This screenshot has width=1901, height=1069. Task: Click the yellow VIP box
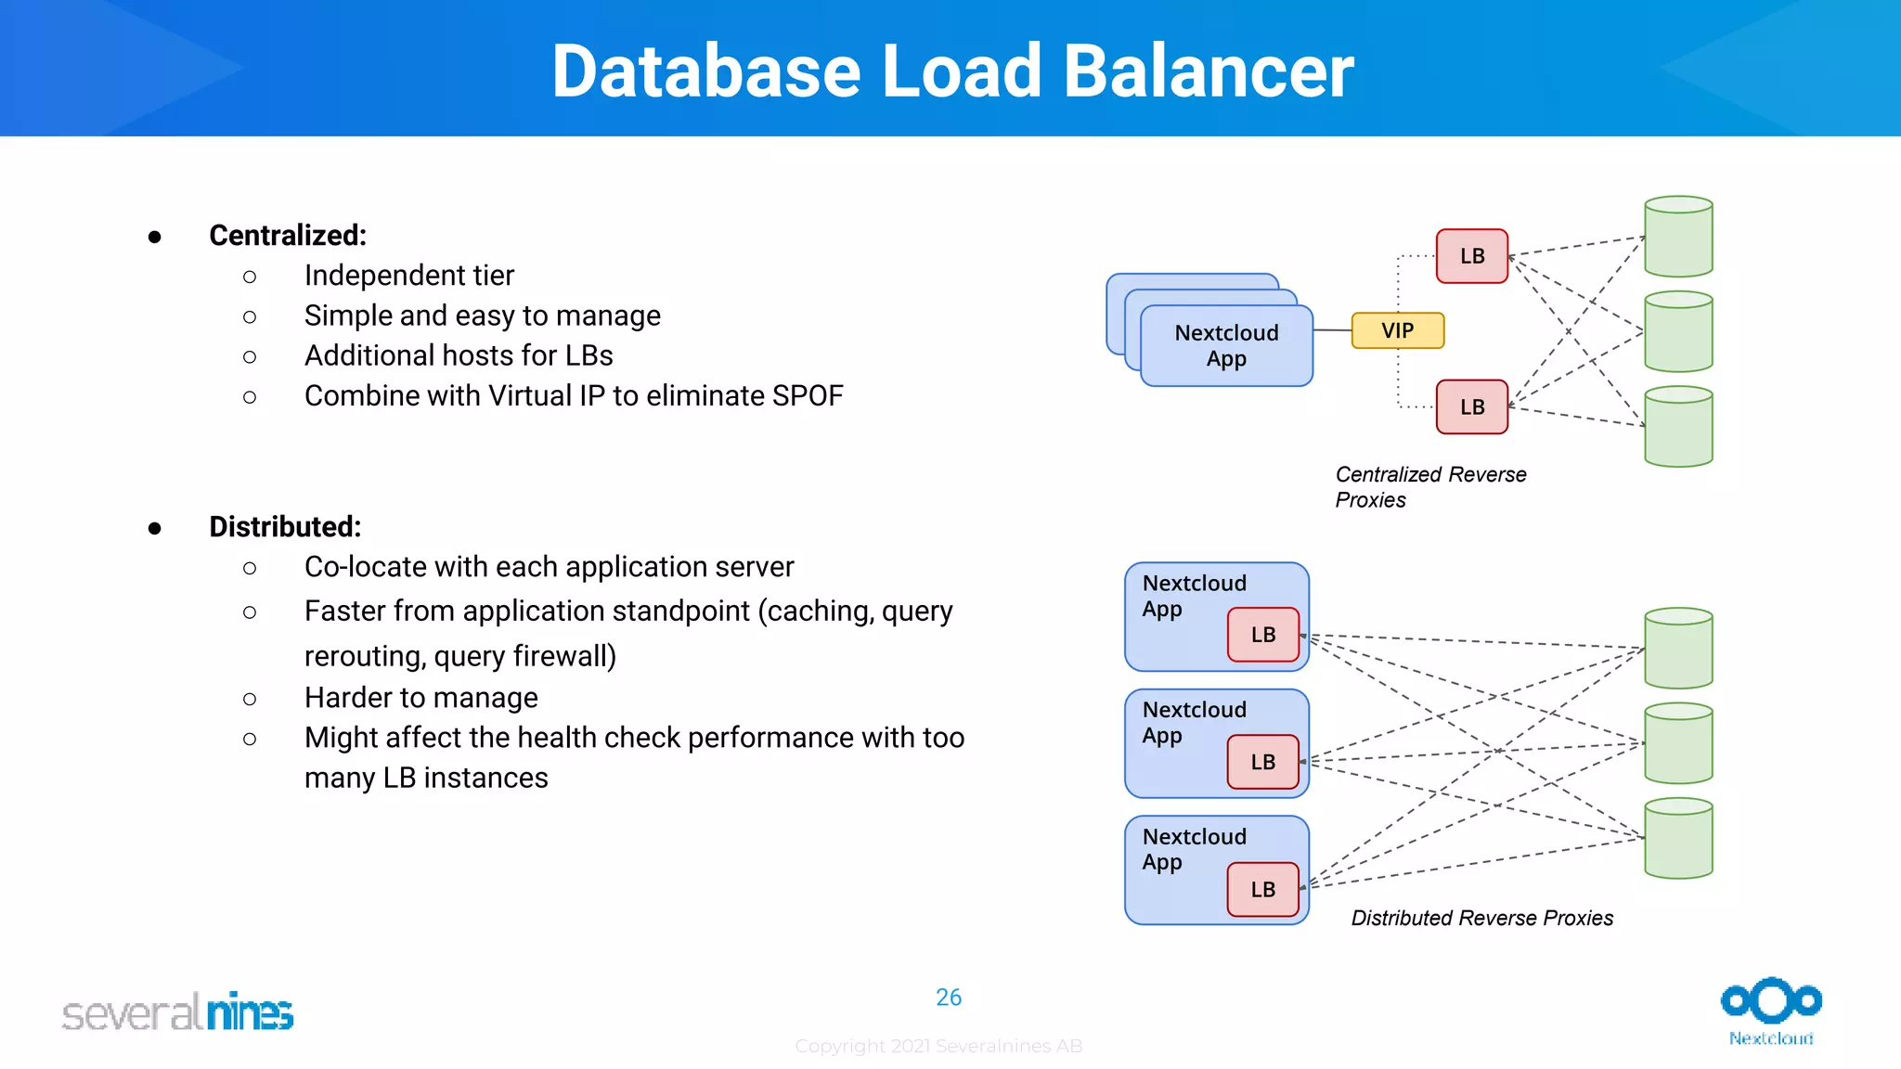1397,330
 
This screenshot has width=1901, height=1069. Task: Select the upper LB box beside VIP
1471,256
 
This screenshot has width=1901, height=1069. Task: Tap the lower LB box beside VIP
1471,406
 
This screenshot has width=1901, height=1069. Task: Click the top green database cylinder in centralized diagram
1678,237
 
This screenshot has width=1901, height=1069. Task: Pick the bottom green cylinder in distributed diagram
1678,838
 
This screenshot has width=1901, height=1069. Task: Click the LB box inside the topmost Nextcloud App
1262,635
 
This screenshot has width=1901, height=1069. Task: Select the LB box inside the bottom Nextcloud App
1262,889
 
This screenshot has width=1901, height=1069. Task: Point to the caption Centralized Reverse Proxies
1429,486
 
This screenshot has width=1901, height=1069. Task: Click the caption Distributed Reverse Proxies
1481,918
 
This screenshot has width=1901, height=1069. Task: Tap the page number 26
949,998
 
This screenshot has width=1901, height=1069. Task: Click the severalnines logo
177,1012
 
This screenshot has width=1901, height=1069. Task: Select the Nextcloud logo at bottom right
1771,1011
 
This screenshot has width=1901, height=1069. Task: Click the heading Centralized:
288,236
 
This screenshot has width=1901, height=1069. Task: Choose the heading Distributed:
285,527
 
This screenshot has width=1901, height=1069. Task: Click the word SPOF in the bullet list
808,396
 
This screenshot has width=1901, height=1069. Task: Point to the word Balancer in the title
1208,71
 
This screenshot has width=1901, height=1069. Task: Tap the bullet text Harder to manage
420,698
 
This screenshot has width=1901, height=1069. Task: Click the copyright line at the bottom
938,1046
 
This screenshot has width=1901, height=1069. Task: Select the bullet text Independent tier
408,276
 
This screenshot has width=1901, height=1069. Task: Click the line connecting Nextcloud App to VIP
1333,330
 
